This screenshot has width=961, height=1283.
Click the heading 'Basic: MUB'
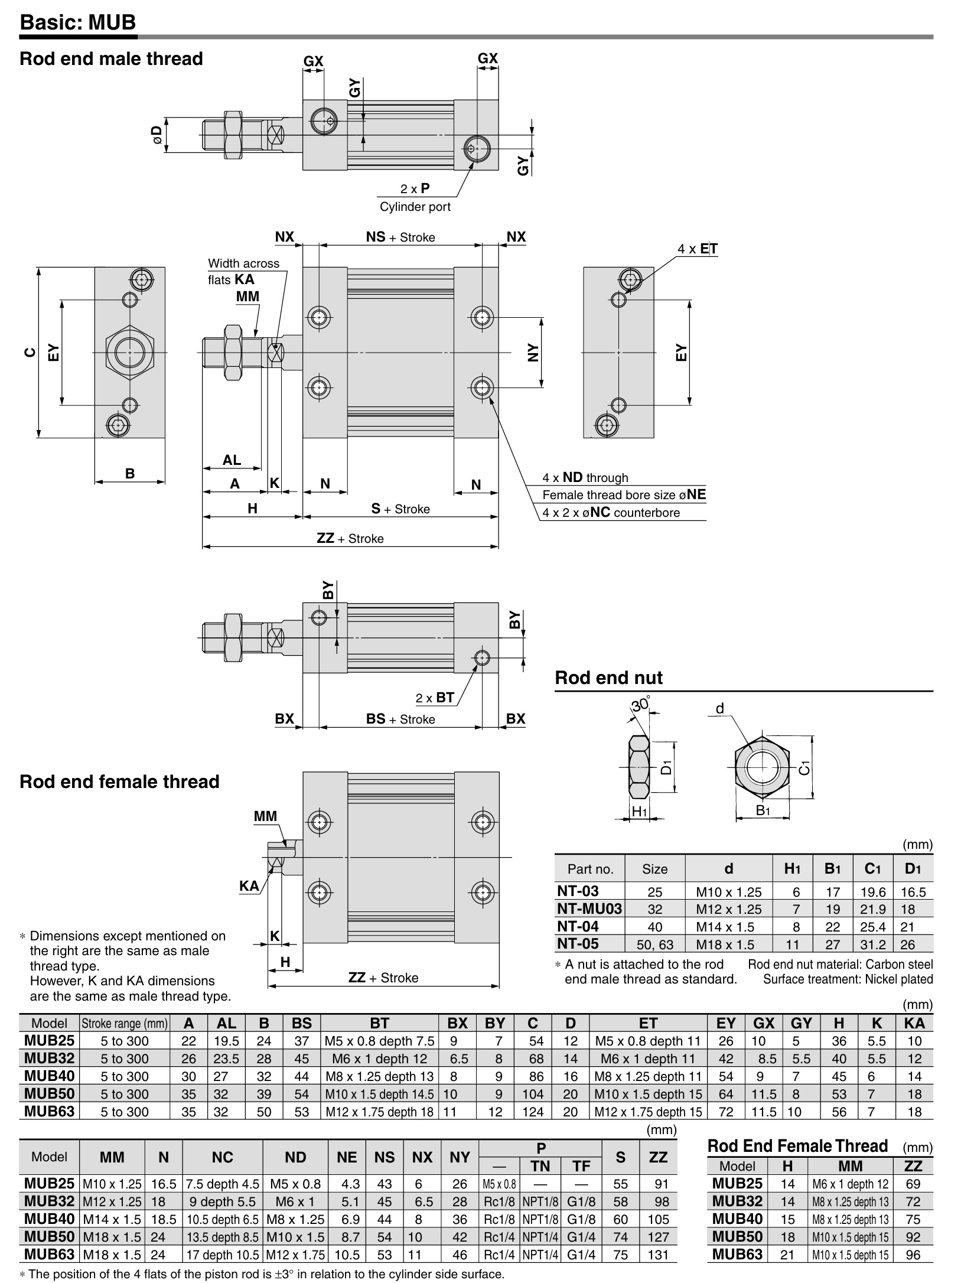[x=77, y=22]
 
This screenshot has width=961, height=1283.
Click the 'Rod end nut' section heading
[x=608, y=678]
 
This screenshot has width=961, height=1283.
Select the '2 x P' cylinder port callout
[x=415, y=188]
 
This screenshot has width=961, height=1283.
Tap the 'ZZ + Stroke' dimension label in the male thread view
[x=350, y=538]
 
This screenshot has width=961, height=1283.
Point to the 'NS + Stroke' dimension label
[x=400, y=237]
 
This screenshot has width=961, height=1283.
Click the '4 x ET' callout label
[x=698, y=249]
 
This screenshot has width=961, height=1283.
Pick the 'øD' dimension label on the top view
[x=157, y=135]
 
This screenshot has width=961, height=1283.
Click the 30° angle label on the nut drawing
[x=640, y=704]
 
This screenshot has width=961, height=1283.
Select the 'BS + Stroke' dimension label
[x=400, y=719]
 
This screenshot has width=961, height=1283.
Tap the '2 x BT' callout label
[x=435, y=698]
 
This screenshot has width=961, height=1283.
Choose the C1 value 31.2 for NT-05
[x=872, y=944]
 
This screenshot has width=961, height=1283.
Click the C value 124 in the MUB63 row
[x=533, y=1112]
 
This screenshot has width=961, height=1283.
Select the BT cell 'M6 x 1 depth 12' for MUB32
[x=379, y=1059]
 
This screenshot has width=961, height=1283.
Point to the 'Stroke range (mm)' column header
[x=125, y=1023]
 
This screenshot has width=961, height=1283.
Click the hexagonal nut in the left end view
[x=129, y=353]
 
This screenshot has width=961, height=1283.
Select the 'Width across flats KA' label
[x=243, y=271]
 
